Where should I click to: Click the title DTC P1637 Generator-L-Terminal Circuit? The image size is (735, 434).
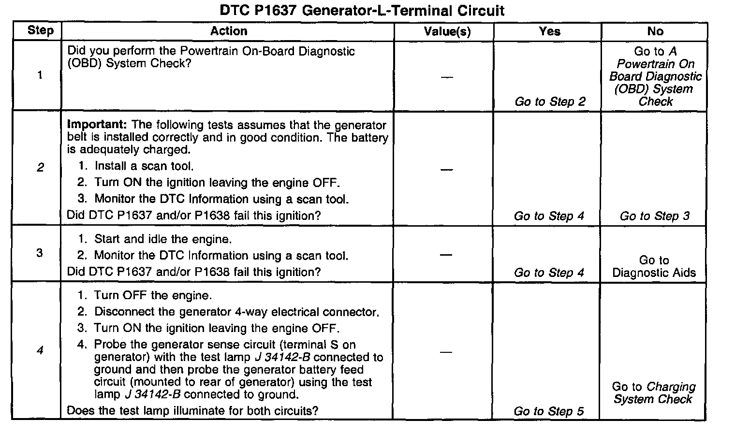[362, 11]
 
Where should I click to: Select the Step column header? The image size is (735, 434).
[40, 30]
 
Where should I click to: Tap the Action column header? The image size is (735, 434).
[228, 31]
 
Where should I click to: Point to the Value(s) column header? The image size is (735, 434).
[447, 32]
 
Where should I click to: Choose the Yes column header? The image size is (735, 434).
[549, 31]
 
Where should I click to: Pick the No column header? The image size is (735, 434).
[655, 31]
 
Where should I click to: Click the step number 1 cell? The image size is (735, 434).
[40, 75]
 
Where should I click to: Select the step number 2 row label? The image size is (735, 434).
[40, 168]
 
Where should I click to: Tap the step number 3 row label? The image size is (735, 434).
[40, 253]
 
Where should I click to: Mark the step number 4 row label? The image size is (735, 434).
[40, 350]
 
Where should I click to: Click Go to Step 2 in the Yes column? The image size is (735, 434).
[550, 101]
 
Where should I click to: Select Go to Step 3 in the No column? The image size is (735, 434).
[655, 216]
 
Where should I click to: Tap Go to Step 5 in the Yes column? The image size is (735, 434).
[549, 411]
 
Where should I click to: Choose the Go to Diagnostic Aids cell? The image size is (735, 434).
[654, 266]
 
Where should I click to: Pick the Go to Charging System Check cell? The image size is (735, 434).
[653, 393]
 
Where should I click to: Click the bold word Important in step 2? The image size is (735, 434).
[96, 125]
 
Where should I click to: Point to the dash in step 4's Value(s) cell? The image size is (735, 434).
[446, 352]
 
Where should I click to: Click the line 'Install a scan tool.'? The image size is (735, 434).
[144, 166]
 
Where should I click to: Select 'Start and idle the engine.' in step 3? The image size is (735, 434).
[162, 239]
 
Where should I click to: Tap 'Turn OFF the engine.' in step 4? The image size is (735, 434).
[153, 295]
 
